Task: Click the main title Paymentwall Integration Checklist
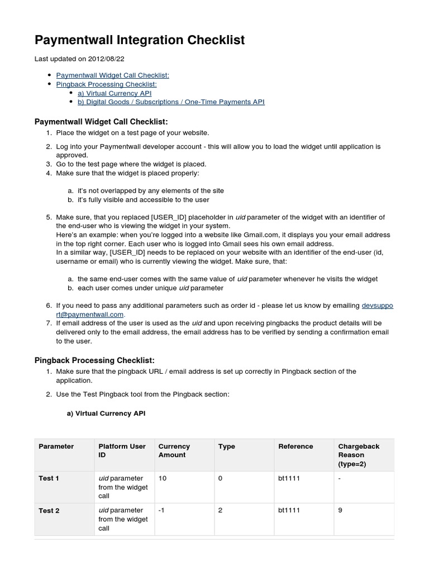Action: (x=140, y=40)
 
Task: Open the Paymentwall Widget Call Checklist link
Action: (x=112, y=75)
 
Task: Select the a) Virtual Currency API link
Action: (x=114, y=93)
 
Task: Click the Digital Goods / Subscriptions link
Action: (x=170, y=102)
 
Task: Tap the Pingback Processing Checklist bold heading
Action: (x=94, y=360)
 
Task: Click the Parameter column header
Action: (x=56, y=446)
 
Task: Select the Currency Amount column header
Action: (x=174, y=451)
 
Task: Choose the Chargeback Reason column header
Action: (x=359, y=455)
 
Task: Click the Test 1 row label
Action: (x=49, y=478)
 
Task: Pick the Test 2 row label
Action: (x=49, y=511)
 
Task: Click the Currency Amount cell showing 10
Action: (x=163, y=478)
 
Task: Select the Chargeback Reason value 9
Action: (x=341, y=511)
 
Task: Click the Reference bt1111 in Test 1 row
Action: (x=289, y=478)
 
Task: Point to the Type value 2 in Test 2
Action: (x=221, y=511)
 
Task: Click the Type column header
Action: (x=226, y=446)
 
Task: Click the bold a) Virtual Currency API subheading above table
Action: (x=106, y=414)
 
